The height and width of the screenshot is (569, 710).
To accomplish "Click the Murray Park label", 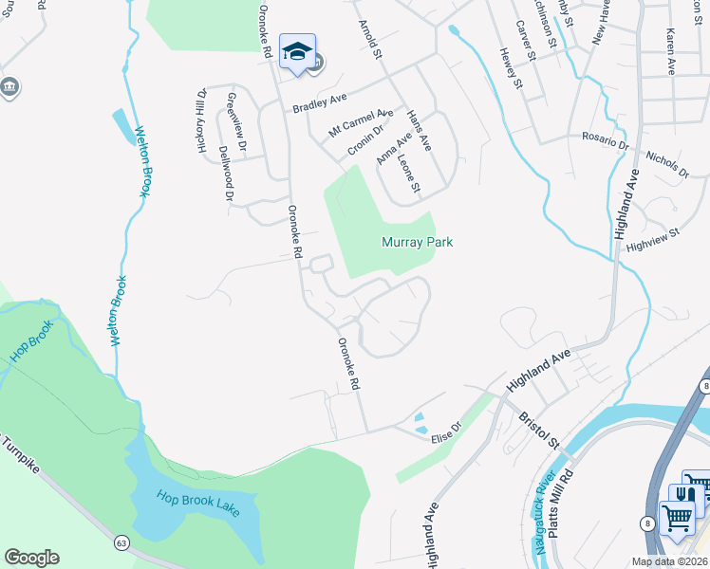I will pos(417,242).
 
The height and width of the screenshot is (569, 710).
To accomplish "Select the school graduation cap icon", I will pos(297,52).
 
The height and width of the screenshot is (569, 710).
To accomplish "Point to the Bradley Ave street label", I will pos(321,101).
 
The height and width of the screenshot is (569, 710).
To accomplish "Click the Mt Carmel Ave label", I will pos(361,122).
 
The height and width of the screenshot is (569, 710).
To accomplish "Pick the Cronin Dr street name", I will pos(365,140).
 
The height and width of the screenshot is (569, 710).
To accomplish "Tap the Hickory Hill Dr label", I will pos(202,121).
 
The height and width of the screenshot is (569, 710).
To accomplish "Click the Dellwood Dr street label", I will pos(226,174).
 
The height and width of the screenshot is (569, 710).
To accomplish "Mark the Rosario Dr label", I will pos(606,140).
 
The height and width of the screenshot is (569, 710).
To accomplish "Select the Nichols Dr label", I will pos(666,163).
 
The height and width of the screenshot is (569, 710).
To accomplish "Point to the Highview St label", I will pos(654,240).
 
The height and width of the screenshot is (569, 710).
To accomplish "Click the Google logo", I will pos(31,558).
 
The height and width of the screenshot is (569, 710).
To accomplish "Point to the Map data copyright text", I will pos(670,561).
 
